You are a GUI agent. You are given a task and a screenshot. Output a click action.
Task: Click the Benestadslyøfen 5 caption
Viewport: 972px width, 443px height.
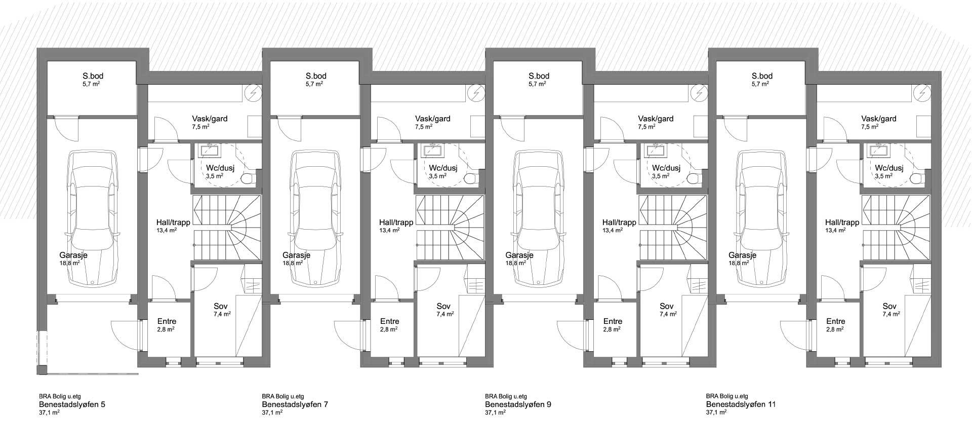72,404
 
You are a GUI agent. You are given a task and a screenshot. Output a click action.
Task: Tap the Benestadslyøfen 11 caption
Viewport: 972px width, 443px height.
741,404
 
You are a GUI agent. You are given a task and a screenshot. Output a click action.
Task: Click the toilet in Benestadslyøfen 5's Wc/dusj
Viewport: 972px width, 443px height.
249,178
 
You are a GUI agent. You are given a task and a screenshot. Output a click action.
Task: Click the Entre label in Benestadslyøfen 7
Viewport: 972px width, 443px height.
390,321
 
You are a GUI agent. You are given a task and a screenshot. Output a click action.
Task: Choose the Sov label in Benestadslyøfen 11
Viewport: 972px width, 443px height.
889,306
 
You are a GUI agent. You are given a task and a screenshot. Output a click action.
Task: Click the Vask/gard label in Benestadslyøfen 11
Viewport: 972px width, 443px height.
879,119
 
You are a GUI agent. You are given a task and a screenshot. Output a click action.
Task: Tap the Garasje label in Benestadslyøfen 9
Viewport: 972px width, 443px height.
519,255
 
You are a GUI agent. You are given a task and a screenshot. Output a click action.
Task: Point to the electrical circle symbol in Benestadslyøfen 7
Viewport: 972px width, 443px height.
475,93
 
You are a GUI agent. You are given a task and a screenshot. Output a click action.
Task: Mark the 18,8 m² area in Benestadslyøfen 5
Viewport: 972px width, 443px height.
69,264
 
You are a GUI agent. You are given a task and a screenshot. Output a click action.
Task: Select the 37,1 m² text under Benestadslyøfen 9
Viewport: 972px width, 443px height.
495,413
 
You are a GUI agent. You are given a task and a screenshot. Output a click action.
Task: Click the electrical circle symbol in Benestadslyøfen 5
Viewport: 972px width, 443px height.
253,93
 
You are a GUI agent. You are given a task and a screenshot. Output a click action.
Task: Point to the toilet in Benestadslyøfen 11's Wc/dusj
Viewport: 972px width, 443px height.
917,178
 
